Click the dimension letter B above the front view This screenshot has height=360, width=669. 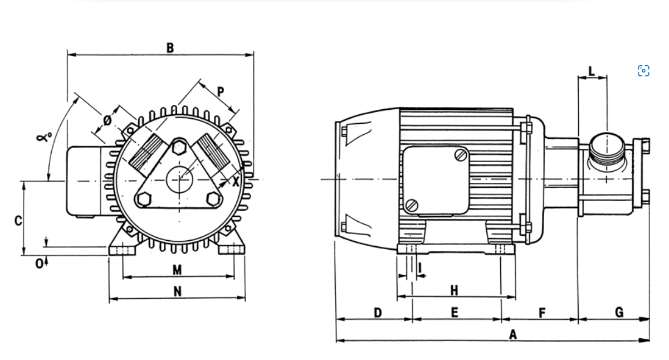[170, 48]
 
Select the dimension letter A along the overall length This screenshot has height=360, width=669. [513, 334]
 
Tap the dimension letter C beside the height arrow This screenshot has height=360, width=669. [18, 221]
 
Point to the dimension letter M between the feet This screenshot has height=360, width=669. [177, 270]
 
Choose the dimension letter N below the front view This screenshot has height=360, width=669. [177, 291]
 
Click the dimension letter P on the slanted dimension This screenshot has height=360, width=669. [221, 92]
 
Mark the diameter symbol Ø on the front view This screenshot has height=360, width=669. [108, 120]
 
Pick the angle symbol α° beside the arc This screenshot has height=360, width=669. [44, 137]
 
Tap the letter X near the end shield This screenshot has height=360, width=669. [236, 181]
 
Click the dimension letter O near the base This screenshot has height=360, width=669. [39, 264]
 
